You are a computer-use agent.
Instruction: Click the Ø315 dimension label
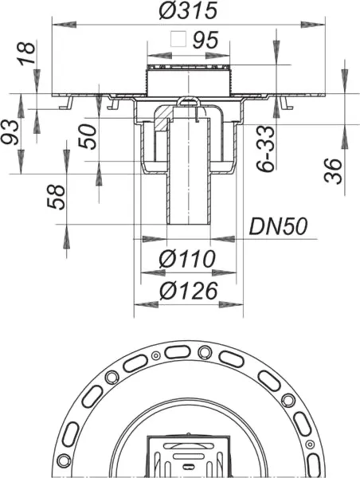click(x=189, y=11)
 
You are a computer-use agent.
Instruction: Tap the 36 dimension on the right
click(x=335, y=169)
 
